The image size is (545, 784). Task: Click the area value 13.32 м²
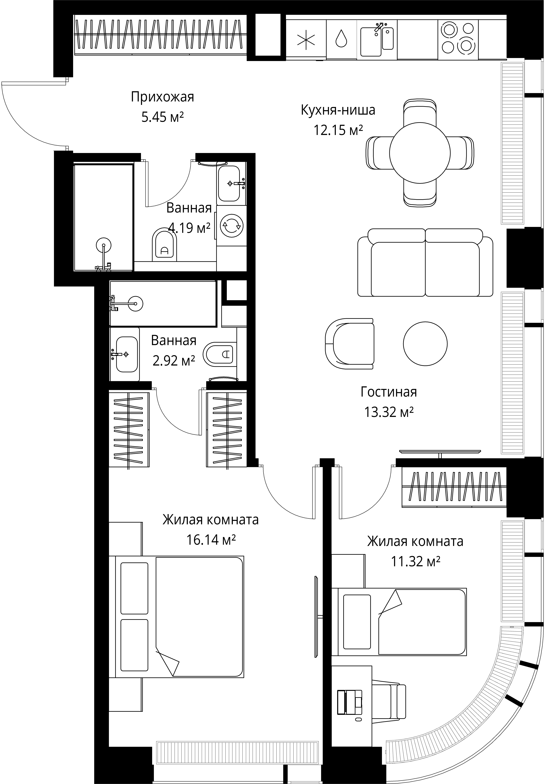389,412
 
